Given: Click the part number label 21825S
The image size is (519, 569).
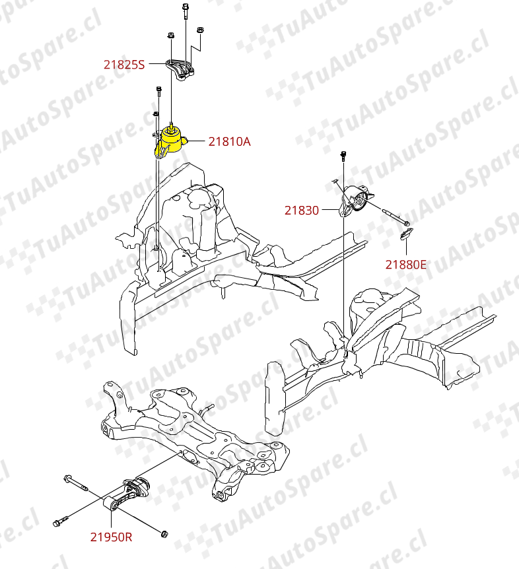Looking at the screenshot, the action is click(124, 65).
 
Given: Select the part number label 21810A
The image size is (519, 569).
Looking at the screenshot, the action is click(229, 141).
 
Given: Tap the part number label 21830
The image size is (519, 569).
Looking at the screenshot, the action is click(302, 211).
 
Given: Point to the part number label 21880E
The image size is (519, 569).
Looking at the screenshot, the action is click(406, 265).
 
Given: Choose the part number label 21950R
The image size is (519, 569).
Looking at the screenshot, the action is click(111, 537).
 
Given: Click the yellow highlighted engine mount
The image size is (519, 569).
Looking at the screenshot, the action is click(170, 141).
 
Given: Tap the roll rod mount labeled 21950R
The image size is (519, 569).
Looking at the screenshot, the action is click(126, 494).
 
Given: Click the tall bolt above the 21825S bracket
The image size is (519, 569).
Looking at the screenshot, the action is click(186, 11).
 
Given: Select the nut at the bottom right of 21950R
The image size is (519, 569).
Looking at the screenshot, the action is click(164, 533).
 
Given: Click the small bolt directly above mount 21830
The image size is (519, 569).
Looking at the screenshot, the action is click(343, 156).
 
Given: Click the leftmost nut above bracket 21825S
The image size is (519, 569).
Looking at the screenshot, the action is click(170, 36).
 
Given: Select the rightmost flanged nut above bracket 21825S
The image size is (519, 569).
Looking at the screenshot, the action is click(199, 30).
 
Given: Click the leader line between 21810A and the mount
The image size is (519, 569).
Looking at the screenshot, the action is click(197, 141).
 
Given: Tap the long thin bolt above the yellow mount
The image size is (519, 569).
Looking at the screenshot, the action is click(158, 92).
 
